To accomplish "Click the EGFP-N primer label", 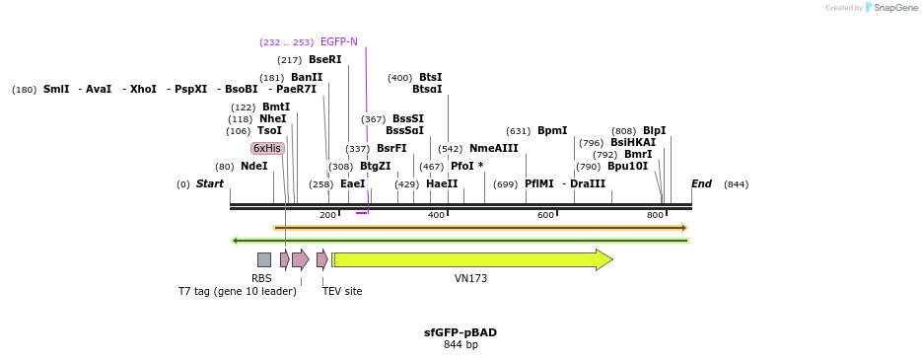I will (338, 42).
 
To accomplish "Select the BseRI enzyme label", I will (324, 60).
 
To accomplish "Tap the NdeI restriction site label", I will (253, 167).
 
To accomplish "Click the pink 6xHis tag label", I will (267, 148).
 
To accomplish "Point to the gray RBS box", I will (263, 259).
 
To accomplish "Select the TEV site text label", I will (342, 291).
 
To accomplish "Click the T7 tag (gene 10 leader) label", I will (237, 291).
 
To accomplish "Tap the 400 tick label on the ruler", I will (436, 215).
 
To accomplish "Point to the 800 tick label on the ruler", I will (655, 215).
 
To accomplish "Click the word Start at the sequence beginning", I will (209, 184).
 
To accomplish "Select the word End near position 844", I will (701, 184).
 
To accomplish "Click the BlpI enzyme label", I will (654, 131).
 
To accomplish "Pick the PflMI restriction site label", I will (538, 184).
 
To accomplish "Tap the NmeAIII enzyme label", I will (493, 149).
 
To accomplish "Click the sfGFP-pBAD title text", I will (460, 332).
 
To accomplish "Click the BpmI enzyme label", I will (552, 131).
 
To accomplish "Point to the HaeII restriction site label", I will (442, 184).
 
